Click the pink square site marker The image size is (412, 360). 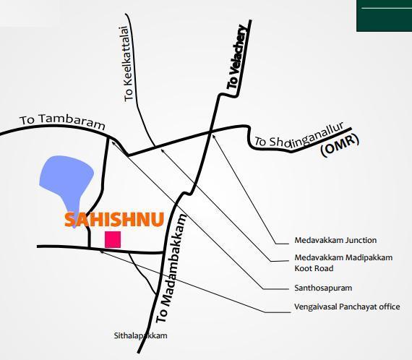point(113,240)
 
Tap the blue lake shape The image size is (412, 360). point(66,181)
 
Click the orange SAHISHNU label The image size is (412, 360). point(114,220)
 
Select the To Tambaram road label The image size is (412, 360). point(62,121)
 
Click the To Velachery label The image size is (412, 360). point(237,57)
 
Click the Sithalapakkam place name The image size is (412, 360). point(140,336)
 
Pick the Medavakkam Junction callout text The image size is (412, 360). point(335,241)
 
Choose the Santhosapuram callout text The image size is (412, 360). point(323,288)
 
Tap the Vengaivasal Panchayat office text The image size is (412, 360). point(347,307)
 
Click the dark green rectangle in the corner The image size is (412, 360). point(384,15)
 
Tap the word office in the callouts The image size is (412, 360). point(388,307)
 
